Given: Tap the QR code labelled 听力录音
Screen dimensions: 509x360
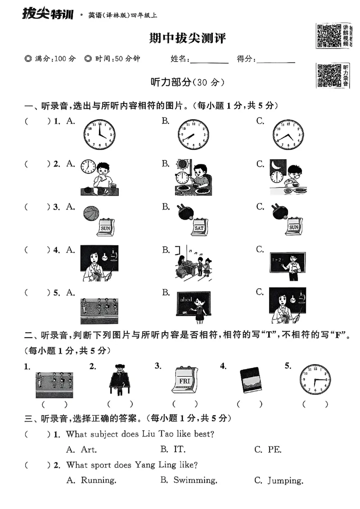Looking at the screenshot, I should click(x=329, y=76).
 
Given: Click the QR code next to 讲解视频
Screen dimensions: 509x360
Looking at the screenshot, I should click(x=329, y=36).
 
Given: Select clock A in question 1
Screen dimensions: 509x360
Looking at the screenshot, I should click(x=99, y=134).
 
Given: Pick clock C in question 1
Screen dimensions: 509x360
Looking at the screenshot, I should click(x=288, y=134).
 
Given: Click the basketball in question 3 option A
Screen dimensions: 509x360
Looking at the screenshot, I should click(x=91, y=213).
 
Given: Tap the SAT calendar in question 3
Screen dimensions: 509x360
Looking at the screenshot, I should click(x=199, y=228).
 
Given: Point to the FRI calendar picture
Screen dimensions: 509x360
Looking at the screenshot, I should click(x=184, y=380).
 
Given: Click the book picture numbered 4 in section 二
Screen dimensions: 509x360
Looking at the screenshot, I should click(x=250, y=380).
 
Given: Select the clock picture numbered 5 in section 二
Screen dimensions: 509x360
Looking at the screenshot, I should click(x=315, y=380).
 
